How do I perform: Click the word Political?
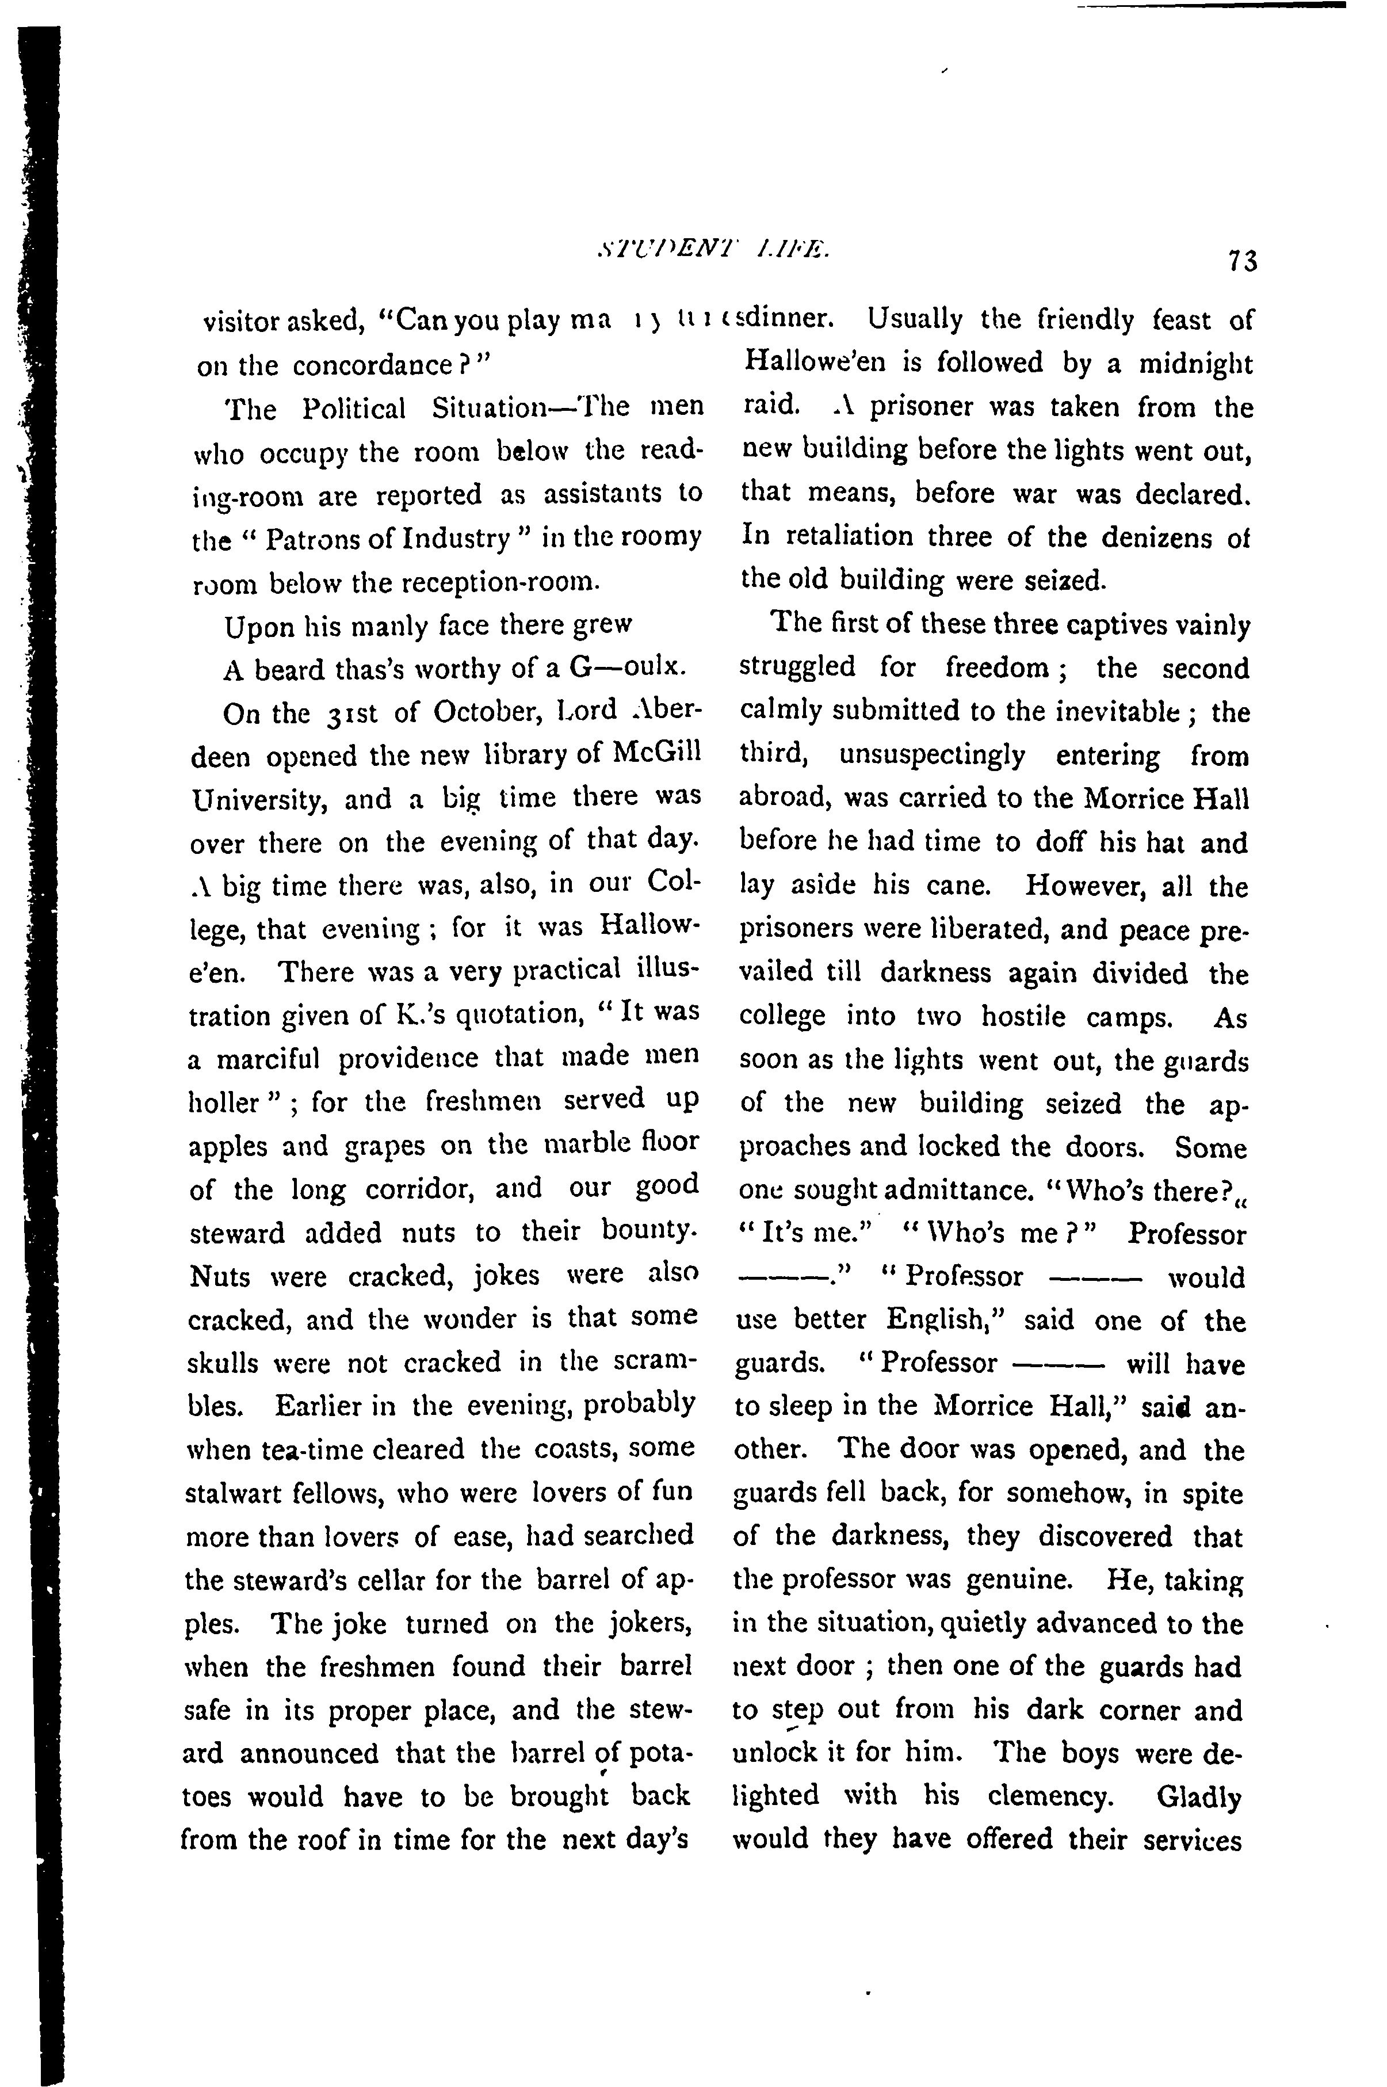point(353,408)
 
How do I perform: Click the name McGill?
point(656,756)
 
